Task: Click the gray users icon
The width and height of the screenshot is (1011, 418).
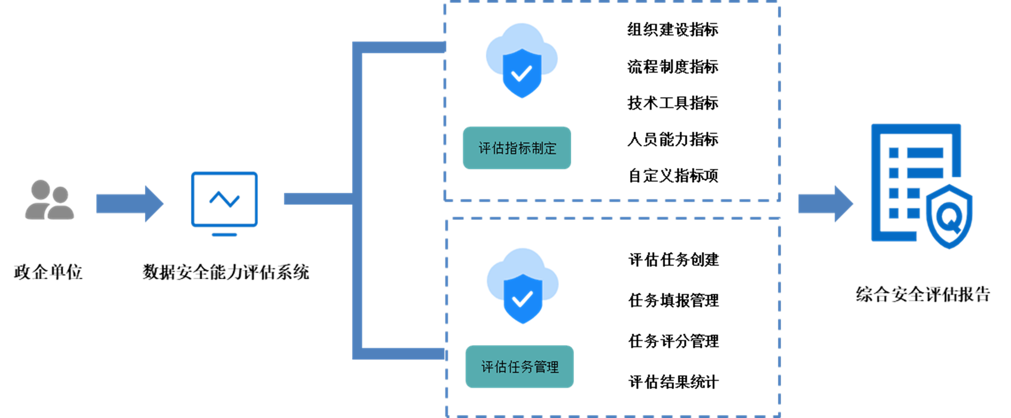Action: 49,200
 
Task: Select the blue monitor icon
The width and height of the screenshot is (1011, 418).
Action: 224,200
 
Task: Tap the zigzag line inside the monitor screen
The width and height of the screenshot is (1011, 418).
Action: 224,199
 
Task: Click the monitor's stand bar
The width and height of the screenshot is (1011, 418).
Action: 224,235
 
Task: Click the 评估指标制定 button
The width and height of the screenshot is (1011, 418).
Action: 517,148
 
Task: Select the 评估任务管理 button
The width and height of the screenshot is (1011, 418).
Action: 520,367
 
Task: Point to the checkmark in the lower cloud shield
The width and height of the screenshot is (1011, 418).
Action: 522,300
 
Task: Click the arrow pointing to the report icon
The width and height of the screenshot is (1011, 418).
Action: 825,204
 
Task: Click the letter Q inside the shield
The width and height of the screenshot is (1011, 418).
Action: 949,216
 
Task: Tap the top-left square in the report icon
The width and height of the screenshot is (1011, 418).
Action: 894,153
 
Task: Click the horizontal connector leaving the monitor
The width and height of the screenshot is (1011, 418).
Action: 318,199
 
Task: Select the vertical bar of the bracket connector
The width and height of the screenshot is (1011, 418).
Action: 358,200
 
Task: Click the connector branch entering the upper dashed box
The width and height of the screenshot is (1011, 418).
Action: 403,47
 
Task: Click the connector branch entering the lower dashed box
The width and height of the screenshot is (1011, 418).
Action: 403,354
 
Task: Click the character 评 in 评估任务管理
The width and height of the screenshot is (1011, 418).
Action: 487,367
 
